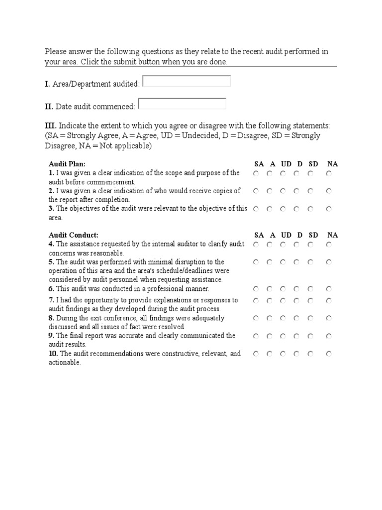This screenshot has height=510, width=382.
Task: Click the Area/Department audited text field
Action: point(187,81)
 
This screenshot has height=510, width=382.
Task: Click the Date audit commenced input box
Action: point(182,104)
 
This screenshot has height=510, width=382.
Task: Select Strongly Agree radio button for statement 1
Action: point(256,174)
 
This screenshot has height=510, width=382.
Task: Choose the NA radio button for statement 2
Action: point(329,191)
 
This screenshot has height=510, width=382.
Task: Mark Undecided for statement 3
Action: point(283,209)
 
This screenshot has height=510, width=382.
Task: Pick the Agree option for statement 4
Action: point(269,245)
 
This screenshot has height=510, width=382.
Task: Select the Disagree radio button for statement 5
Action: point(296,262)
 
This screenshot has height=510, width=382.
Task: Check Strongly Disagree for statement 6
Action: point(310,289)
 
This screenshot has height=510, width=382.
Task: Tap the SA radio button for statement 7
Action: point(256,301)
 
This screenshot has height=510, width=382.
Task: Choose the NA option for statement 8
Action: point(329,318)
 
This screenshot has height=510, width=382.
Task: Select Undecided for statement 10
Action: point(283,354)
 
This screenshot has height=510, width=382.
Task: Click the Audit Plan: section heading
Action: point(67,164)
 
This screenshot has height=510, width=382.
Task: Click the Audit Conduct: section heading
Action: point(74,235)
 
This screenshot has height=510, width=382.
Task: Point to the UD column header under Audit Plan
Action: point(286,164)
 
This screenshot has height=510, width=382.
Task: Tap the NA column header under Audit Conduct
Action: point(332,235)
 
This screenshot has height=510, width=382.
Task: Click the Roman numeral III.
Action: point(51,126)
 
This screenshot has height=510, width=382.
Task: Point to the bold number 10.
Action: point(53,354)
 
